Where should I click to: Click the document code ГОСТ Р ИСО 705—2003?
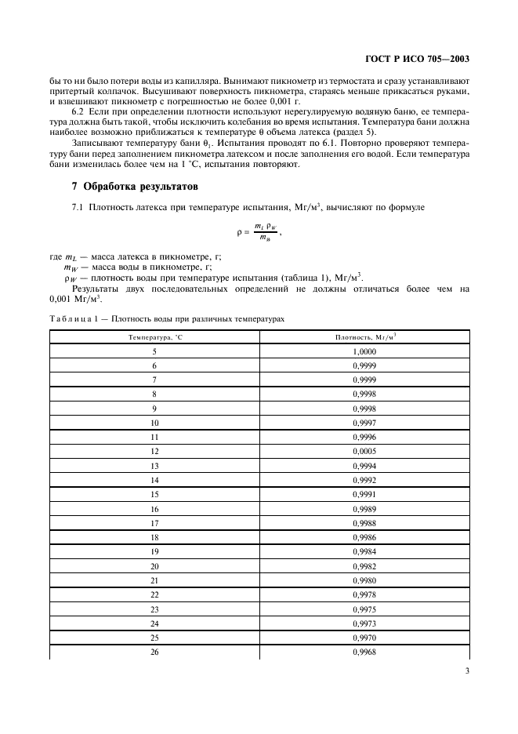(417, 59)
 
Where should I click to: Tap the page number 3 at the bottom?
(465, 670)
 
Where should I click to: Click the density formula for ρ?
(258, 232)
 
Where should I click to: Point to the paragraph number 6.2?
(79, 114)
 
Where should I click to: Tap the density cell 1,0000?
(364, 351)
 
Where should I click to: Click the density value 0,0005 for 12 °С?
(364, 451)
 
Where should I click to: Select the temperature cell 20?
(154, 565)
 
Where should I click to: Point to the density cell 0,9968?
(364, 651)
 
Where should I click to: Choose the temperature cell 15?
(154, 494)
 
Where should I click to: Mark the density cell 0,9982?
(364, 565)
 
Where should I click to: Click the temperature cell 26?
(154, 651)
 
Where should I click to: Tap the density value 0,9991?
(364, 494)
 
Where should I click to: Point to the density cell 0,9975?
(364, 609)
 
